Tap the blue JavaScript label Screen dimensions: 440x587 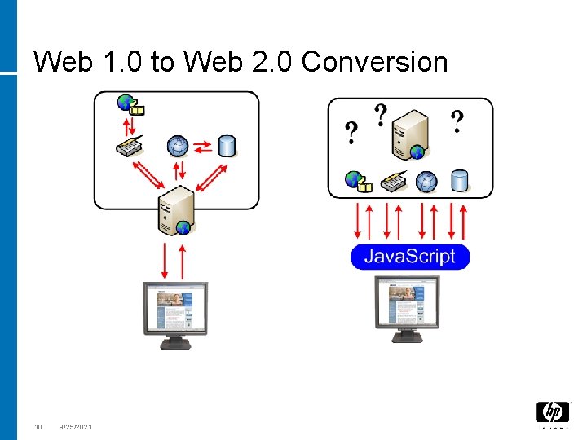click(409, 257)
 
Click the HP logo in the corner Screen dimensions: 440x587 click(552, 413)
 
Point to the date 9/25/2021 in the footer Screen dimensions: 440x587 click(76, 427)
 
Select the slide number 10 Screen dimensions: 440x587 click(38, 427)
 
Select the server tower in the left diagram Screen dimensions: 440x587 click(176, 210)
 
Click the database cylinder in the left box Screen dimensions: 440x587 click(227, 146)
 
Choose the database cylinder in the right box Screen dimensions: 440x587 click(460, 181)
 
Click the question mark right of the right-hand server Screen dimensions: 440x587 click(457, 122)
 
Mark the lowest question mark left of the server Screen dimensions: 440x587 click(351, 134)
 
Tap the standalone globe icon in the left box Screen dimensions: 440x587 click(177, 146)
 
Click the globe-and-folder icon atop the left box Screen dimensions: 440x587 click(130, 104)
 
